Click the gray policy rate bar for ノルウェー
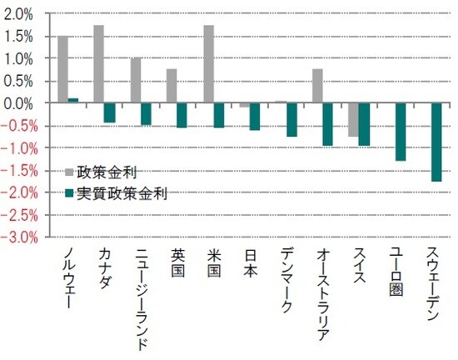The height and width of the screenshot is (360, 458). click(x=62, y=70)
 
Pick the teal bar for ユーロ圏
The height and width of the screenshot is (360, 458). click(x=400, y=132)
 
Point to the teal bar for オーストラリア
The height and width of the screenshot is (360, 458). click(x=327, y=124)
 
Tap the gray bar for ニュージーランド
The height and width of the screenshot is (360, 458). click(x=135, y=81)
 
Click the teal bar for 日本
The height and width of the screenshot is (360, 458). click(x=254, y=117)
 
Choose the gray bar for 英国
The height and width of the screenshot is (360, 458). click(x=172, y=86)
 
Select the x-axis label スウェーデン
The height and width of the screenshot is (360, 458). click(x=434, y=288)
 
